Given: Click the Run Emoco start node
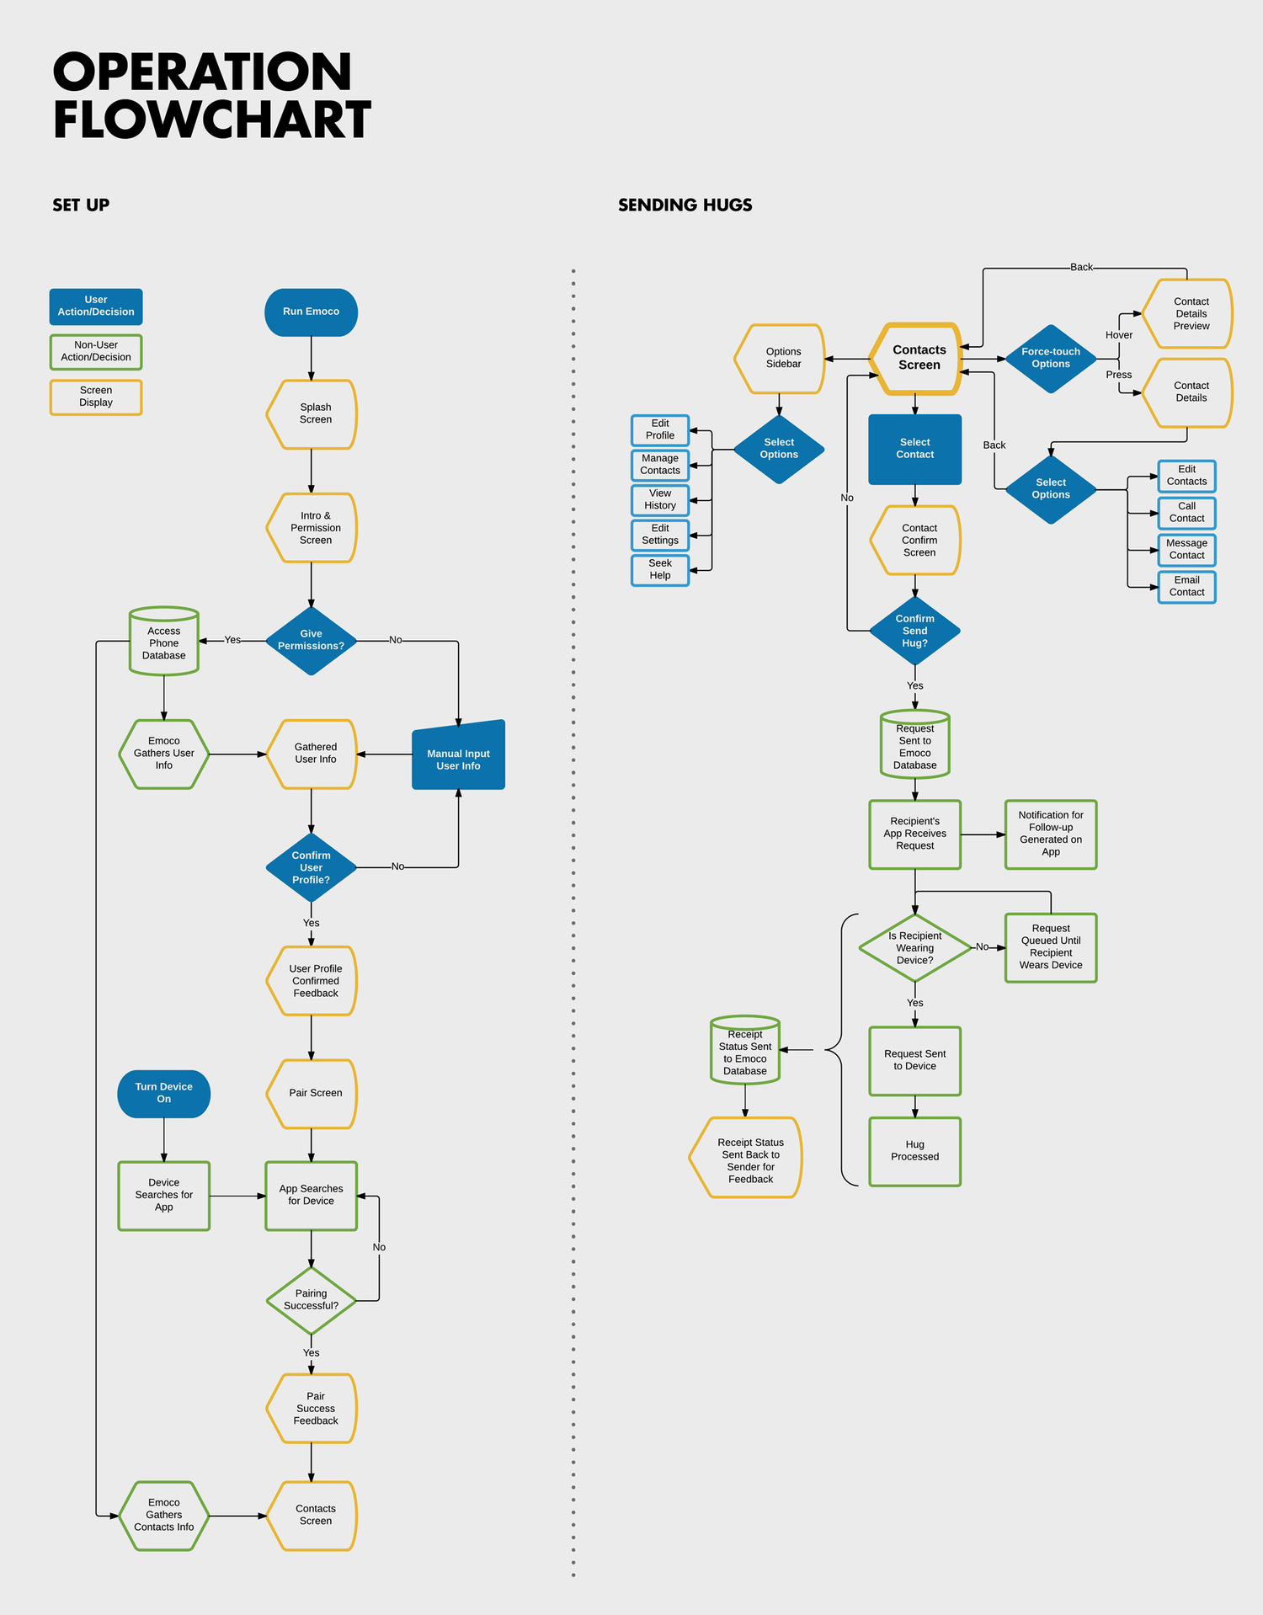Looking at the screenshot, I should pyautogui.click(x=311, y=312).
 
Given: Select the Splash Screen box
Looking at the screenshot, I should pyautogui.click(x=312, y=413).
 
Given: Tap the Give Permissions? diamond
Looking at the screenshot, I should pyautogui.click(x=311, y=641).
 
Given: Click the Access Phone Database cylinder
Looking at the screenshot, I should pyautogui.click(x=163, y=642).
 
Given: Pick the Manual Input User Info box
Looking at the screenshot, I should pyautogui.click(x=458, y=757).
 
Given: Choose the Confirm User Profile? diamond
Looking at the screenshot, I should pyautogui.click(x=311, y=867).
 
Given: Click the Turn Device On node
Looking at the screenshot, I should pyautogui.click(x=163, y=1093).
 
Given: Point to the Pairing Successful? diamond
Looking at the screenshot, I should pyautogui.click(x=311, y=1300).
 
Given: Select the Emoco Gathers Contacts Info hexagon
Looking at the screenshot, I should pyautogui.click(x=163, y=1515).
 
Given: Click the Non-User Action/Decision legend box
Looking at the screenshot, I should pyautogui.click(x=96, y=352).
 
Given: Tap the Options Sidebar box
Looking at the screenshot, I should pyautogui.click(x=781, y=359).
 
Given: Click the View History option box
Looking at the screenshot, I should pyautogui.click(x=660, y=500).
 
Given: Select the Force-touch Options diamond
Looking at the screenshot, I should pyautogui.click(x=1050, y=359).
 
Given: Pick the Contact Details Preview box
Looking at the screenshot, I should pyautogui.click(x=1189, y=314).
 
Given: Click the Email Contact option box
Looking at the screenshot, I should pyautogui.click(x=1186, y=586).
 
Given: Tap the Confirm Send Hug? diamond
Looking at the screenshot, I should pyautogui.click(x=914, y=631).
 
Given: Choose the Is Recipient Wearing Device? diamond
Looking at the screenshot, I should pyautogui.click(x=914, y=948).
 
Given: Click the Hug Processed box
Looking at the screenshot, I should pyautogui.click(x=914, y=1151).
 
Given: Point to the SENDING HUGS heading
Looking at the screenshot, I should pyautogui.click(x=685, y=205).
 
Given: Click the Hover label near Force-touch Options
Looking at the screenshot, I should pyautogui.click(x=1118, y=335).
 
